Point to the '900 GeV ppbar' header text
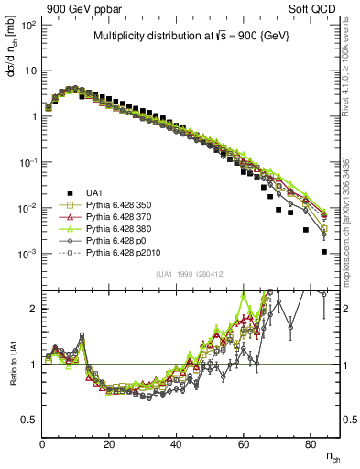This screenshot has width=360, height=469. coord(79,8)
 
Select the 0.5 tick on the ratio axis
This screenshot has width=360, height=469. coord(29,420)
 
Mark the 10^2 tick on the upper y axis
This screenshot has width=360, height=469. coord(27,25)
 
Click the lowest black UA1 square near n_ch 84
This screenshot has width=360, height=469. coord(323,251)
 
